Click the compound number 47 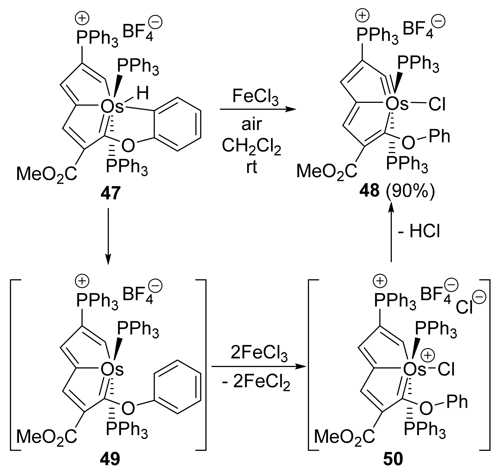coord(111,193)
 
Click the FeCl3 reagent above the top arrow coord(255,97)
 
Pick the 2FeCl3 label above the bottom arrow coord(259,353)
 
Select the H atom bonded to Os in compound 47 coord(142,93)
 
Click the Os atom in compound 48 coord(397,104)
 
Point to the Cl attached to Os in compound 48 coord(437,104)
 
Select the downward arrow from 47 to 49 coord(108,236)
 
